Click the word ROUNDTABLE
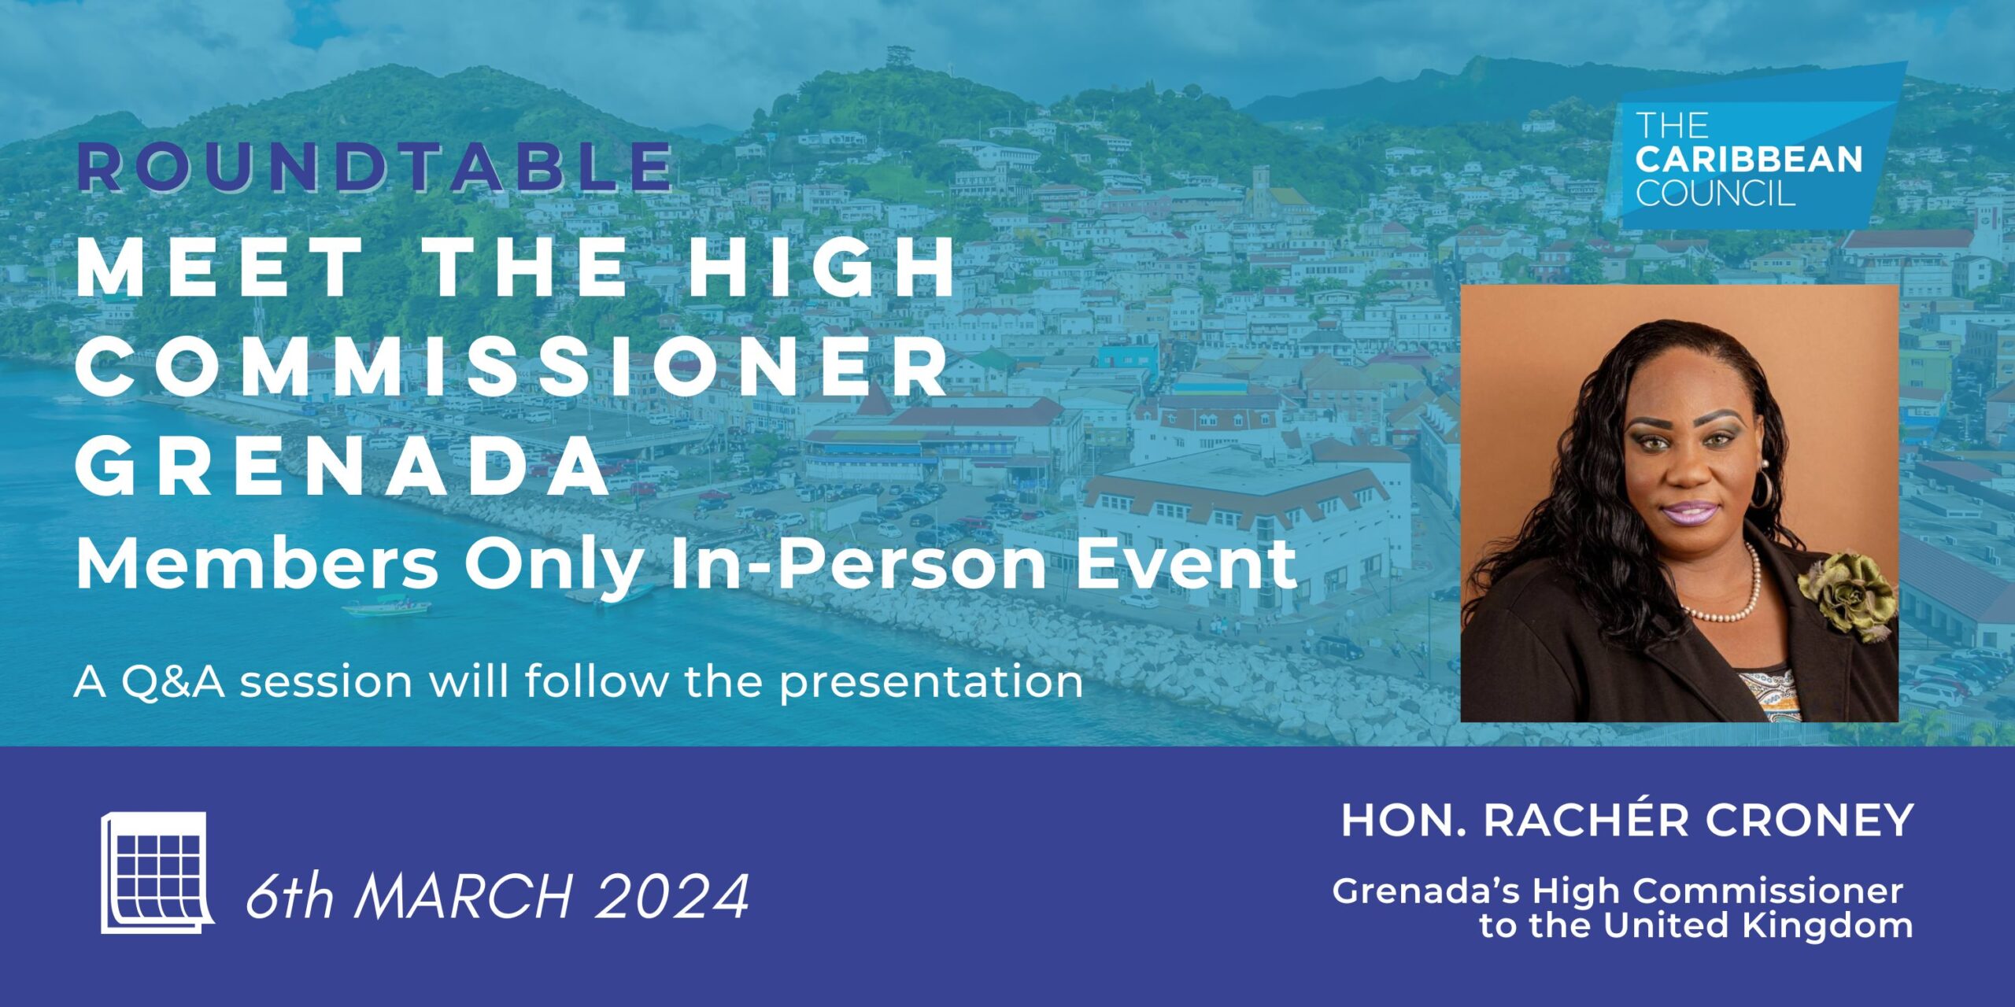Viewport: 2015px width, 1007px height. click(x=375, y=167)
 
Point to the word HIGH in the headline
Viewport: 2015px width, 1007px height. click(x=823, y=267)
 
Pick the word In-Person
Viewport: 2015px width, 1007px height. click(x=858, y=565)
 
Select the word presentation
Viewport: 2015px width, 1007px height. click(x=931, y=683)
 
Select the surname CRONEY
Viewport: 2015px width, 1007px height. click(x=1810, y=821)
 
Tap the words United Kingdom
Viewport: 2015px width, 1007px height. click(x=1758, y=925)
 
